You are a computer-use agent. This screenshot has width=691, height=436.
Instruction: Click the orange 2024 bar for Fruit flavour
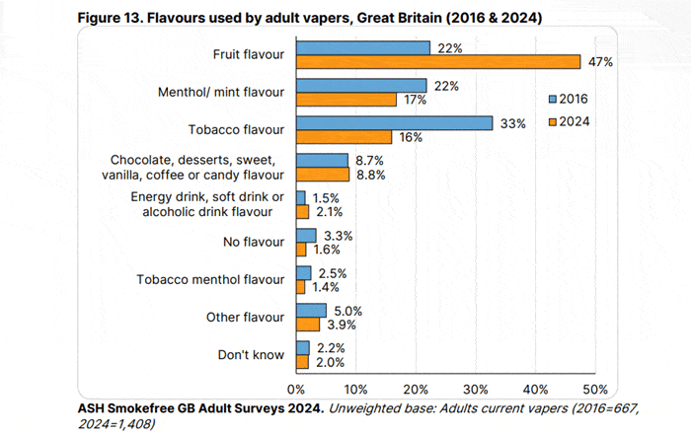point(437,61)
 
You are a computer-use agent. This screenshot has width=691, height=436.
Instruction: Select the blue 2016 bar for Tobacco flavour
point(394,122)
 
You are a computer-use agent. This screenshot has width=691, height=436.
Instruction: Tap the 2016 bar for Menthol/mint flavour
point(361,86)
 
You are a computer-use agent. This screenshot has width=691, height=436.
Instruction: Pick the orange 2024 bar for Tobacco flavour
point(344,136)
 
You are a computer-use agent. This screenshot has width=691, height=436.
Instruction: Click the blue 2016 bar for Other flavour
point(311,310)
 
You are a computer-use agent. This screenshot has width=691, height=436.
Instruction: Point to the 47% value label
point(600,61)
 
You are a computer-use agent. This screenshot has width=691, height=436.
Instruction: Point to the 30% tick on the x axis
point(476,388)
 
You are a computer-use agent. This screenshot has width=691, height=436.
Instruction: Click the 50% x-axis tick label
point(595,388)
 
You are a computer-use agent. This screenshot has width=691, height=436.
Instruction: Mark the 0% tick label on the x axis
point(296,388)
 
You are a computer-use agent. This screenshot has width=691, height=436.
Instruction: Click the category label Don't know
point(251,354)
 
